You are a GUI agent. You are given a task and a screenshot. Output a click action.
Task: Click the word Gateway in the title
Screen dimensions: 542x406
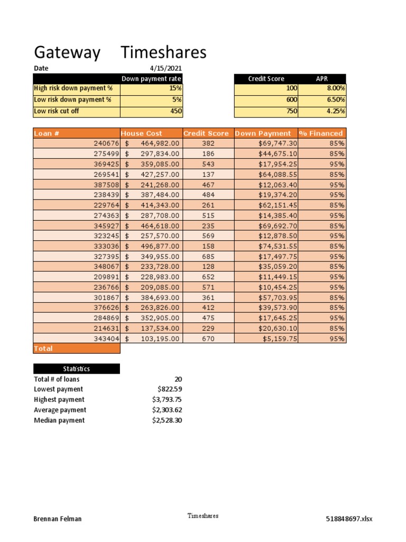[67, 53]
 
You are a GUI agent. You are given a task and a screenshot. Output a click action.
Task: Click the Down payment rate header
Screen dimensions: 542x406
[152, 79]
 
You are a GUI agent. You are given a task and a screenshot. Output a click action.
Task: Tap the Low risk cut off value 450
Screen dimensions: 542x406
[176, 111]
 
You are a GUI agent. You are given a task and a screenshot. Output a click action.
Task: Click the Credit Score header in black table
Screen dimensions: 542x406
[266, 79]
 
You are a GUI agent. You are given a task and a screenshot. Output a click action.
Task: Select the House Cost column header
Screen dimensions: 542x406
[142, 133]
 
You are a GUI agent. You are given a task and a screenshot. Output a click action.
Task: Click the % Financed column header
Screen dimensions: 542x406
[321, 133]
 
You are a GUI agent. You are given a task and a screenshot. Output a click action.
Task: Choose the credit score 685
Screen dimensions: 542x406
[208, 256]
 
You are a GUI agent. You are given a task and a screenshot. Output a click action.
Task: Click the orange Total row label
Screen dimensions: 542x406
[43, 349]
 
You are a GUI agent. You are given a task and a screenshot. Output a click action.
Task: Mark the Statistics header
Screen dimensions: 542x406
[76, 369]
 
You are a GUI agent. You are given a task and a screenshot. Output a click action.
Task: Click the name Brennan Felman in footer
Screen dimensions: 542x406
[58, 519]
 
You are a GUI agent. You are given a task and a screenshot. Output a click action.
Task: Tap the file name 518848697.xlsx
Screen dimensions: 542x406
[349, 519]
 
